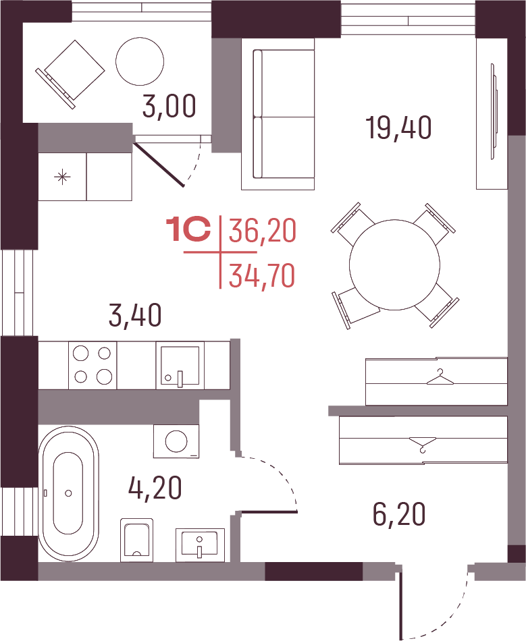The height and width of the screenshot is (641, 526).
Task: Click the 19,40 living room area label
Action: tap(398, 128)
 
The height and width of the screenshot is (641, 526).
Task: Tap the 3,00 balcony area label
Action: tap(169, 106)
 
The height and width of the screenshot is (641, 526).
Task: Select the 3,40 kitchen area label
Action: tap(136, 315)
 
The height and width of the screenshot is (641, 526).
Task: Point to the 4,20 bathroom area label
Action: tap(155, 488)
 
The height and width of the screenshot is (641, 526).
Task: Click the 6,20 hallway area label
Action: tap(399, 514)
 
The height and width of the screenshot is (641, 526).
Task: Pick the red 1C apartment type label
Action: tap(188, 230)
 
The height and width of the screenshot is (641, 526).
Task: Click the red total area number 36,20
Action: tap(262, 230)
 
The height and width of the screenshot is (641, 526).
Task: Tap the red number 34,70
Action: tap(262, 276)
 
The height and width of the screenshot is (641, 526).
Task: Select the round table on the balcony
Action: tap(140, 61)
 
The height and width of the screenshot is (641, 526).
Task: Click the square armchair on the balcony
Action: tap(70, 74)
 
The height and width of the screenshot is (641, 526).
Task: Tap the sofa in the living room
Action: tap(278, 114)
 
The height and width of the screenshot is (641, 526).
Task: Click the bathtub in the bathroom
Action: tap(69, 493)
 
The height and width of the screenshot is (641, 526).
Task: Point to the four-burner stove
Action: tap(93, 364)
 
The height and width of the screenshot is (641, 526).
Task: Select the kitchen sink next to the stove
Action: tap(180, 365)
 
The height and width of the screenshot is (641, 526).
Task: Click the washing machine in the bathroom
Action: tap(176, 441)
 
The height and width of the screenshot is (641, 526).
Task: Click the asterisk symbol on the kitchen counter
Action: tap(62, 177)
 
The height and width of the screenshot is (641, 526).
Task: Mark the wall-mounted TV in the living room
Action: tap(494, 111)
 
